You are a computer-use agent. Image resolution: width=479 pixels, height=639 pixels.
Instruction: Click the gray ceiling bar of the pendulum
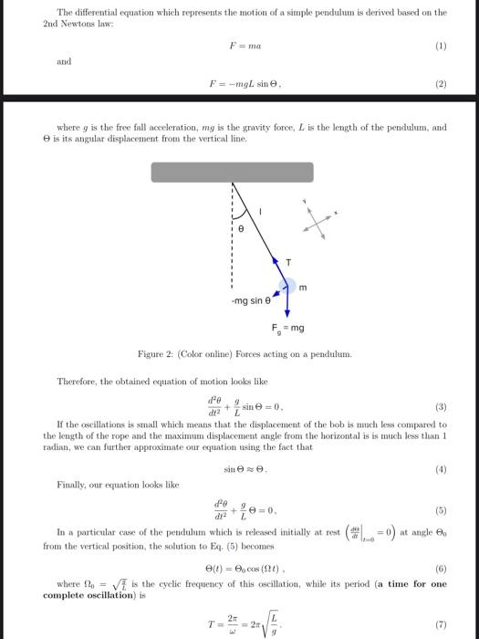232,173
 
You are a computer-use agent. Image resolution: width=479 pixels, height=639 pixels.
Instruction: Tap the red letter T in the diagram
289,261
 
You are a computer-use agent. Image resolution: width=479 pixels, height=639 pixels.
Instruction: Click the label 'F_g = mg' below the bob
288,328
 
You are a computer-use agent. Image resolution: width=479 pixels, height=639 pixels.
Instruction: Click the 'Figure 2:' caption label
154,353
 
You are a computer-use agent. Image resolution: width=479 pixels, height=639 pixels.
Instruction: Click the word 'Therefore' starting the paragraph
78,380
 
